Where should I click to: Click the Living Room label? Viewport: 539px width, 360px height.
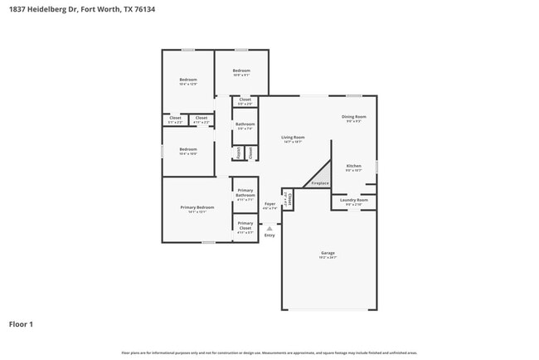click(293, 138)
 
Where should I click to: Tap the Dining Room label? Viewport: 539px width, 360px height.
click(354, 117)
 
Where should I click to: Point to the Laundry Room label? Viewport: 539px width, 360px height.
click(355, 200)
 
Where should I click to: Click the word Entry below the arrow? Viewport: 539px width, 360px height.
click(269, 236)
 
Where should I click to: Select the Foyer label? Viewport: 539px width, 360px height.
click(269, 203)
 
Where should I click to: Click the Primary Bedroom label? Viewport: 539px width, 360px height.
click(197, 207)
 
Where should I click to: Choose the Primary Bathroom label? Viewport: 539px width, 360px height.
click(245, 195)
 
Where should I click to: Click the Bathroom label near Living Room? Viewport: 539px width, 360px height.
click(245, 124)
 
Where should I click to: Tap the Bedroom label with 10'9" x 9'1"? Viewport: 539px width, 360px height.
click(241, 71)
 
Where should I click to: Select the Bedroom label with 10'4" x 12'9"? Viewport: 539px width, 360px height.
click(188, 80)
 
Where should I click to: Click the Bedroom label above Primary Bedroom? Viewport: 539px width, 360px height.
click(188, 150)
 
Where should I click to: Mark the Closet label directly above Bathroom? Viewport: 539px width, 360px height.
click(245, 100)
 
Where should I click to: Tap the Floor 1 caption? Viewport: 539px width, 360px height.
click(22, 324)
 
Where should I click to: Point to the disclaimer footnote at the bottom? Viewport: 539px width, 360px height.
click(269, 353)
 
